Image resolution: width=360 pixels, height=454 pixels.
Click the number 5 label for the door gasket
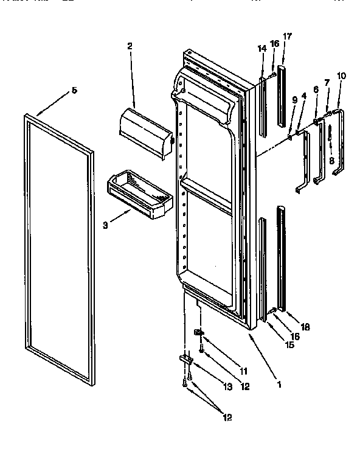[74, 90]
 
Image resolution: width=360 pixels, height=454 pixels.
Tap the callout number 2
[130, 46]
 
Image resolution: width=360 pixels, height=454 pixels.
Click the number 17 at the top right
[287, 37]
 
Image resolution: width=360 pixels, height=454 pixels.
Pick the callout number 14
[262, 49]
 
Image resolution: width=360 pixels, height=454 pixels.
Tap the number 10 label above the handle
[341, 76]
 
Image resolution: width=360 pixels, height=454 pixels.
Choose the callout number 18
[306, 327]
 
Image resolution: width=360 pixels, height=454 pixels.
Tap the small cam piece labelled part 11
[198, 333]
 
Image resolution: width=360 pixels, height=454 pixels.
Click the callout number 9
[294, 99]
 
